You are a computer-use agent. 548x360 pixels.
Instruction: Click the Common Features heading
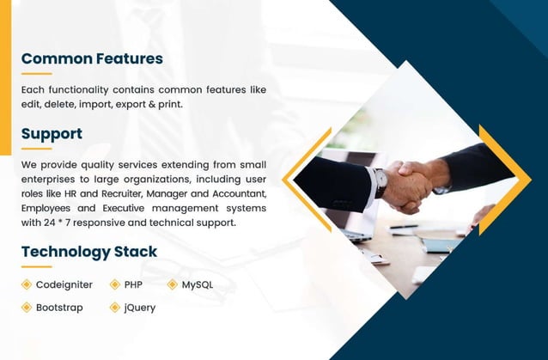tap(92, 59)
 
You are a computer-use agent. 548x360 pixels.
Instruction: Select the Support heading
tap(52, 134)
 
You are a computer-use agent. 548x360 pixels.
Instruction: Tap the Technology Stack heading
tap(89, 252)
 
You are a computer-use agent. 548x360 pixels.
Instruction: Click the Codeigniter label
tap(64, 284)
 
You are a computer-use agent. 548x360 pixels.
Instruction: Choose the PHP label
tap(133, 284)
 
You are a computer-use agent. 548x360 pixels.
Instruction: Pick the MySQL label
tap(198, 284)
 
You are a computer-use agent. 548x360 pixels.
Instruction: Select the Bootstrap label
tap(59, 307)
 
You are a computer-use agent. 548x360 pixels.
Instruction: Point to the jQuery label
tap(140, 307)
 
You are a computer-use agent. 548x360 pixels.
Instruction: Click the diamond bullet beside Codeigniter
tap(27, 284)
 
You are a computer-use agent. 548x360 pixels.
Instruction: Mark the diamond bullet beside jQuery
tap(114, 307)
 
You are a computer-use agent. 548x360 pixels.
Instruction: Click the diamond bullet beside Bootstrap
tap(27, 307)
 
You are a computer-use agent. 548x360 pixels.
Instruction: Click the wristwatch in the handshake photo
tap(380, 181)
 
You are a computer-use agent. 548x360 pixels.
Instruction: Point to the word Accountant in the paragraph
tap(241, 193)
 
